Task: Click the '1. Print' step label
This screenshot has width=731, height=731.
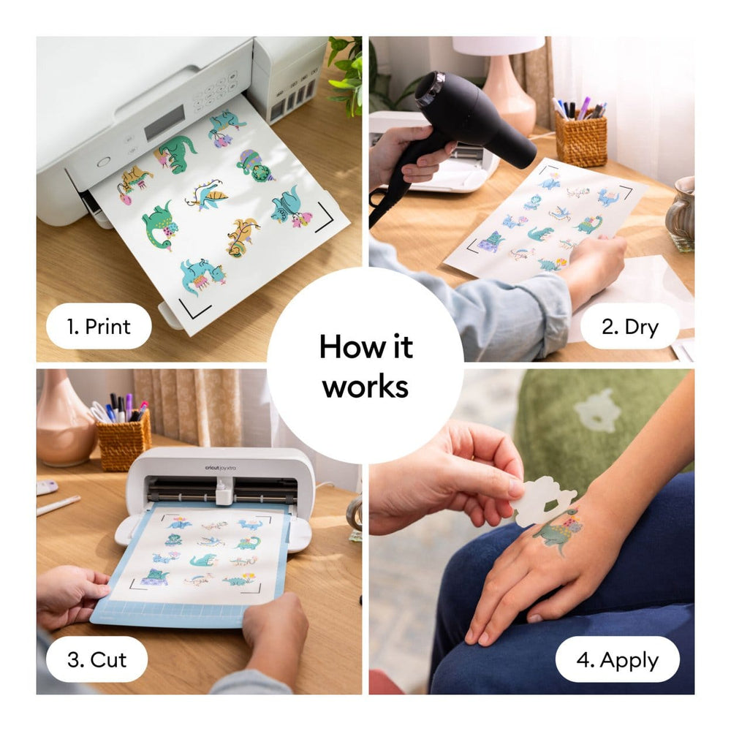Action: tap(99, 326)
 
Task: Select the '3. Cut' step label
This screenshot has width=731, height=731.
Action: tap(96, 659)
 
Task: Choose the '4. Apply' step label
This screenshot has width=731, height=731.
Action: tap(617, 659)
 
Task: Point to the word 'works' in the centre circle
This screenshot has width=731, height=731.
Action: tap(365, 387)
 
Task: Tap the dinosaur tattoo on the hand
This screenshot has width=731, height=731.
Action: tap(558, 531)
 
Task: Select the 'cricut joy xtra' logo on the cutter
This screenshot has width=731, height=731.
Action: tap(220, 468)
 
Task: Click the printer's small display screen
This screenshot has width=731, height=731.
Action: tap(164, 123)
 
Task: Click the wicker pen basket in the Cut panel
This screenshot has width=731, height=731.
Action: tap(124, 441)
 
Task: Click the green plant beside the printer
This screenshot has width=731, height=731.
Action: tap(346, 75)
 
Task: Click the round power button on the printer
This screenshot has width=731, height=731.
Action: tap(104, 162)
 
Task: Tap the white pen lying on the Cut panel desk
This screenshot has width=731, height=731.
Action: tap(58, 506)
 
